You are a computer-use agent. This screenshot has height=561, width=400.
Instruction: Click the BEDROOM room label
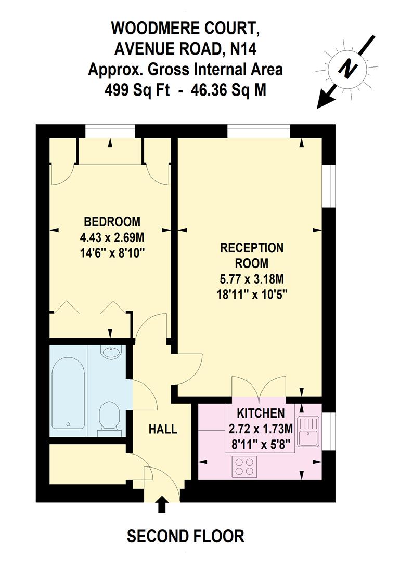click(x=112, y=222)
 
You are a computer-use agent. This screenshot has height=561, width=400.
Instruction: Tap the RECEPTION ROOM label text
click(x=252, y=255)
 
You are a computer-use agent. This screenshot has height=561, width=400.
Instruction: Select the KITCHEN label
click(x=261, y=413)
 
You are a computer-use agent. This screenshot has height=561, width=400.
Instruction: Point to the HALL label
click(x=163, y=429)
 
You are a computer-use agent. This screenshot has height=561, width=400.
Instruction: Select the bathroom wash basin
click(x=110, y=353)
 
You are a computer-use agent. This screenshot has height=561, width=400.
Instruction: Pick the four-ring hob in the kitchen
click(x=244, y=465)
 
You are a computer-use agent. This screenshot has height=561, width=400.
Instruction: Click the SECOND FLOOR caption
click(x=185, y=536)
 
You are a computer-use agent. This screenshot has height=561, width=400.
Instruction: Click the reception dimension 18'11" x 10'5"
click(x=252, y=293)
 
